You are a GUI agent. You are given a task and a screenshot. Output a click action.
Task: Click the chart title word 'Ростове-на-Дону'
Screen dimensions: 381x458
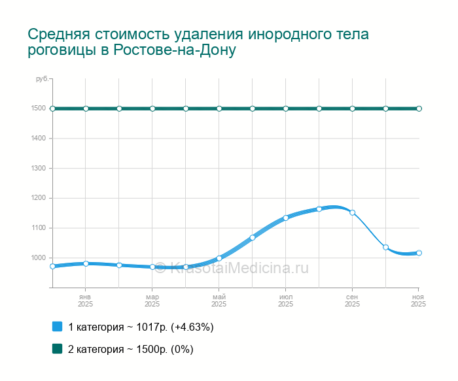[175, 50]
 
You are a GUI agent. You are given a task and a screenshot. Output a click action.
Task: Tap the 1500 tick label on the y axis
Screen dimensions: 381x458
[38, 108]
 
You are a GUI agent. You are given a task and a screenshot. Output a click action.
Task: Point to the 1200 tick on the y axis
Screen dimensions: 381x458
[38, 198]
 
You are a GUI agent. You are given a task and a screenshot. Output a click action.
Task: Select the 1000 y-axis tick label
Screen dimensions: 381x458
[38, 257]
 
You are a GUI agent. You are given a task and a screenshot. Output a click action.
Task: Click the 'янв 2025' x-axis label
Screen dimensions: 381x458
[86, 301]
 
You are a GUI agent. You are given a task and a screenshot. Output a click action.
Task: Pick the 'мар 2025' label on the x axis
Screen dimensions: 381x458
[152, 301]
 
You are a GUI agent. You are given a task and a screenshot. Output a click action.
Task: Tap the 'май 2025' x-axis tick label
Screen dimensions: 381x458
[219, 301]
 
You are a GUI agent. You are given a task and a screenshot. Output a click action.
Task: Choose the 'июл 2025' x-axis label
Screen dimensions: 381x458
[286, 301]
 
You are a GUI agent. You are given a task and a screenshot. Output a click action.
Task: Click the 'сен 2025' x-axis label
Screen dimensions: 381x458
[353, 301]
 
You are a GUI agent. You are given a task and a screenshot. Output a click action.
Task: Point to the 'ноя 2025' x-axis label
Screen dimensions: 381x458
[418, 301]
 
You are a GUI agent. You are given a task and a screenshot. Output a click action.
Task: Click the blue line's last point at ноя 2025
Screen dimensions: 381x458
[419, 253]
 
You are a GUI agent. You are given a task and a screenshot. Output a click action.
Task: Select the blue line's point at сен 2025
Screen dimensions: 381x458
[353, 212]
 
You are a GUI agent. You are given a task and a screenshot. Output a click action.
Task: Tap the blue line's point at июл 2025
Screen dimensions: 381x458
[286, 218]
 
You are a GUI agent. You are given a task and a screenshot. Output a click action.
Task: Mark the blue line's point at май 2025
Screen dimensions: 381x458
[219, 258]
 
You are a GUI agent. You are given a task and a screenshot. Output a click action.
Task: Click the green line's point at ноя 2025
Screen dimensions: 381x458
[419, 108]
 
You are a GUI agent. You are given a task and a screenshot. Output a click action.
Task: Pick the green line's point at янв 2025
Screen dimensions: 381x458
[86, 108]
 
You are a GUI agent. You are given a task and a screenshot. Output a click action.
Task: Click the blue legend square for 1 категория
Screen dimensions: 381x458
[57, 326]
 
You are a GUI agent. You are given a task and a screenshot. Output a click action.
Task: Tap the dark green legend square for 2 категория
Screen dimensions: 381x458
[57, 349]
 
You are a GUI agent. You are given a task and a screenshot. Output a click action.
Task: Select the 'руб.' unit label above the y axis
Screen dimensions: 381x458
[42, 79]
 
